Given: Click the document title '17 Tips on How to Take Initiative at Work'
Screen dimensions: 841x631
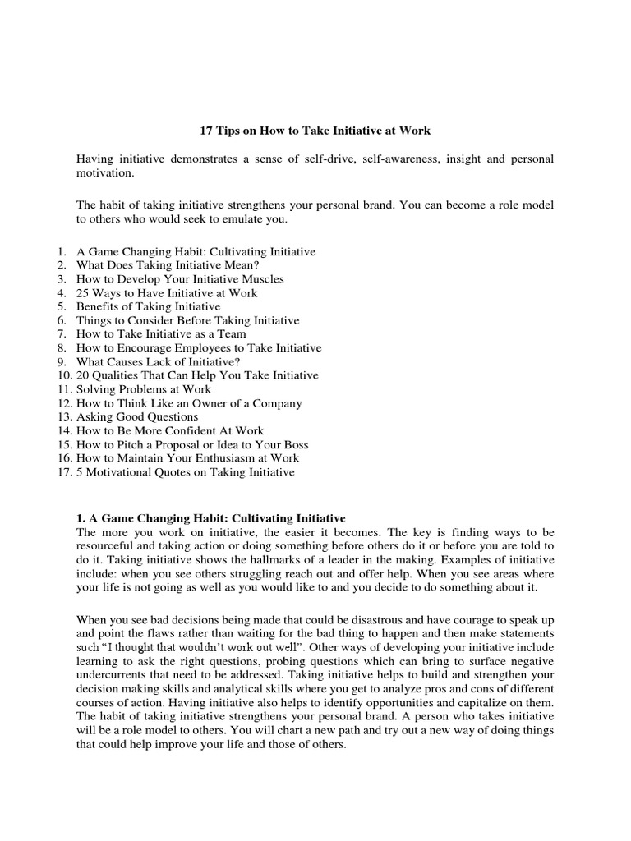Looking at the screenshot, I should tap(315, 131).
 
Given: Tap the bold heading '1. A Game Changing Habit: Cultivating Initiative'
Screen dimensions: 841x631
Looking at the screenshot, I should tap(211, 518).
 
